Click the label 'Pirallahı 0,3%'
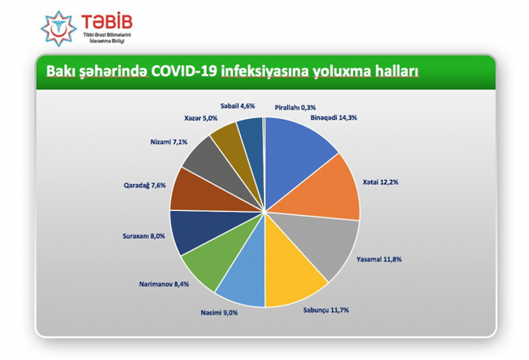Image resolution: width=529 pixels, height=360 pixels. click(296, 107)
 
